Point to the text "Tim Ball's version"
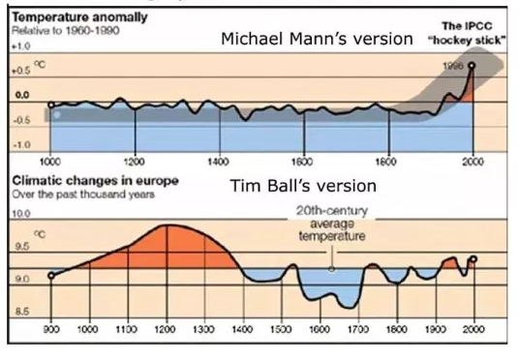[302, 186]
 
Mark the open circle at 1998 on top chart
[473, 66]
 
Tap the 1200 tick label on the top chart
[135, 160]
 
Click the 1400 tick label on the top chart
[219, 160]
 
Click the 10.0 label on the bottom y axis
[21, 212]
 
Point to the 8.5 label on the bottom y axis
[21, 312]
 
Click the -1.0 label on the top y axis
[20, 144]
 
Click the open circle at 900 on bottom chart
[51, 275]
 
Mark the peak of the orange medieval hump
[170, 225]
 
